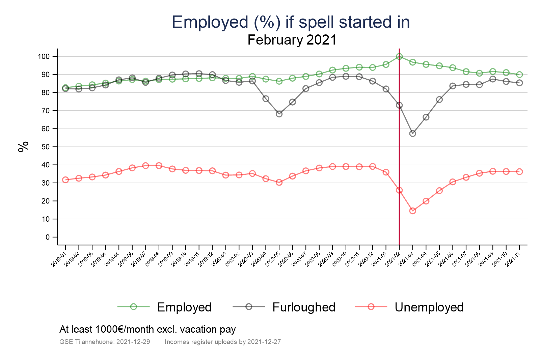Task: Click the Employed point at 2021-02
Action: coord(399,56)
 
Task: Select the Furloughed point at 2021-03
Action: coord(412,134)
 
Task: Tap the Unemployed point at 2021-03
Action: coord(412,211)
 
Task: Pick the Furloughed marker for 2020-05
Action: coord(279,114)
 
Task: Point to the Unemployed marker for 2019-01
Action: coord(65,180)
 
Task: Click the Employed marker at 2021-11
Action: coord(519,75)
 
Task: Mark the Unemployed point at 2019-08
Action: coord(159,166)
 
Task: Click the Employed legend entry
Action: coord(184,307)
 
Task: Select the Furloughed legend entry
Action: coord(303,307)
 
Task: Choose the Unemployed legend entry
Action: coord(429,307)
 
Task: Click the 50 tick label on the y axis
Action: coord(46,147)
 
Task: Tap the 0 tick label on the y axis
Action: coord(48,237)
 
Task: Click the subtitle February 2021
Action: coord(292,40)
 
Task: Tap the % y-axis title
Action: coord(24,147)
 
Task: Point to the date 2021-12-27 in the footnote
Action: coord(264,342)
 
